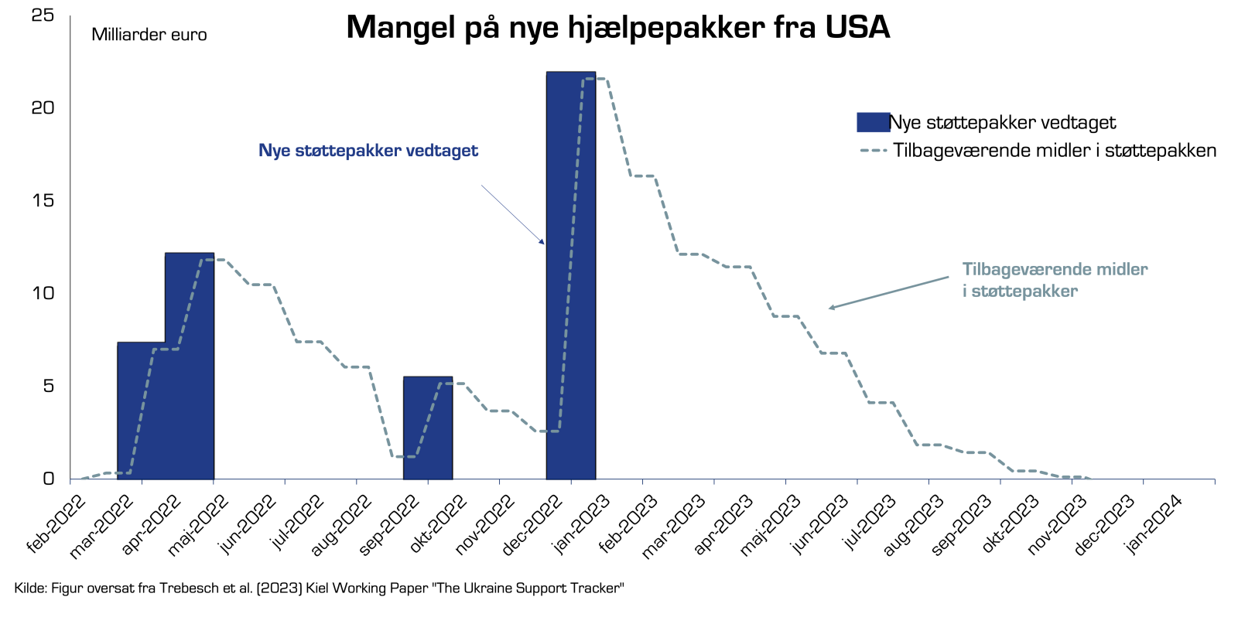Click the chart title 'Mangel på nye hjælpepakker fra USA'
tap(618, 27)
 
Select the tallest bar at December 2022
tap(571, 275)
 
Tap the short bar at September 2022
tap(428, 428)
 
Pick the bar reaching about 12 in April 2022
tap(190, 366)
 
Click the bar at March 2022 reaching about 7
tap(142, 411)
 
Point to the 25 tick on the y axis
tap(43, 15)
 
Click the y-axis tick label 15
tap(43, 200)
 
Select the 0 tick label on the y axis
tap(49, 478)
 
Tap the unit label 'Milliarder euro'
tap(149, 35)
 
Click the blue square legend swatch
tap(874, 122)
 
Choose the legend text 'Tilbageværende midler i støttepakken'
tap(1055, 150)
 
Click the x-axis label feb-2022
tap(56, 524)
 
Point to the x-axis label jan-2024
tap(1154, 524)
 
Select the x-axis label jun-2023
tap(819, 524)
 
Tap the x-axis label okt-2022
tap(438, 524)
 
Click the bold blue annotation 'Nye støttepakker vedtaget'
tap(368, 150)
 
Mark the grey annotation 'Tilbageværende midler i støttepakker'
tap(1055, 280)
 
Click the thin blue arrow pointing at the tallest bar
tap(512, 214)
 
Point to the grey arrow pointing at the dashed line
tap(889, 293)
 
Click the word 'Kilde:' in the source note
tap(31, 588)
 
